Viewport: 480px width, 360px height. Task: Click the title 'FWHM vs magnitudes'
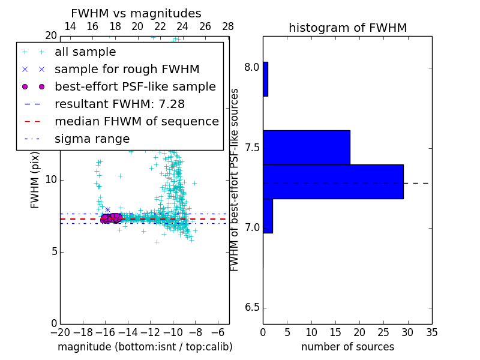136,14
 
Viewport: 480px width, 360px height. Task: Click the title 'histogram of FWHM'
347,28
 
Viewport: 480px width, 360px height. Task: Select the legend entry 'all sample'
85,52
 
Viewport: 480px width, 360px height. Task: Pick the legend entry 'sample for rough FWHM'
127,69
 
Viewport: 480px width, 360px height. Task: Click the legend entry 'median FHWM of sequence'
136,121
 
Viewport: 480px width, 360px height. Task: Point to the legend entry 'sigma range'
92,139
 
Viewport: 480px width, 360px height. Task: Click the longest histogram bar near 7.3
333,181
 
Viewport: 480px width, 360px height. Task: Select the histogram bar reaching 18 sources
306,147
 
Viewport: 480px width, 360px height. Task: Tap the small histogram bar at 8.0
265,79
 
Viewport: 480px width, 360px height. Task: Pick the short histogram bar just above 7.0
268,215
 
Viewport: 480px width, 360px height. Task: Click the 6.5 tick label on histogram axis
251,308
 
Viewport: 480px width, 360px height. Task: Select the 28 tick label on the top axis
228,26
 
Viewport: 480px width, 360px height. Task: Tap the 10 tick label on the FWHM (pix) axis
50,179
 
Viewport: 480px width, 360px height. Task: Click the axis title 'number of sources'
347,347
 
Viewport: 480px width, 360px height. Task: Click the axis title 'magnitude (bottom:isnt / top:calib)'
145,347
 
